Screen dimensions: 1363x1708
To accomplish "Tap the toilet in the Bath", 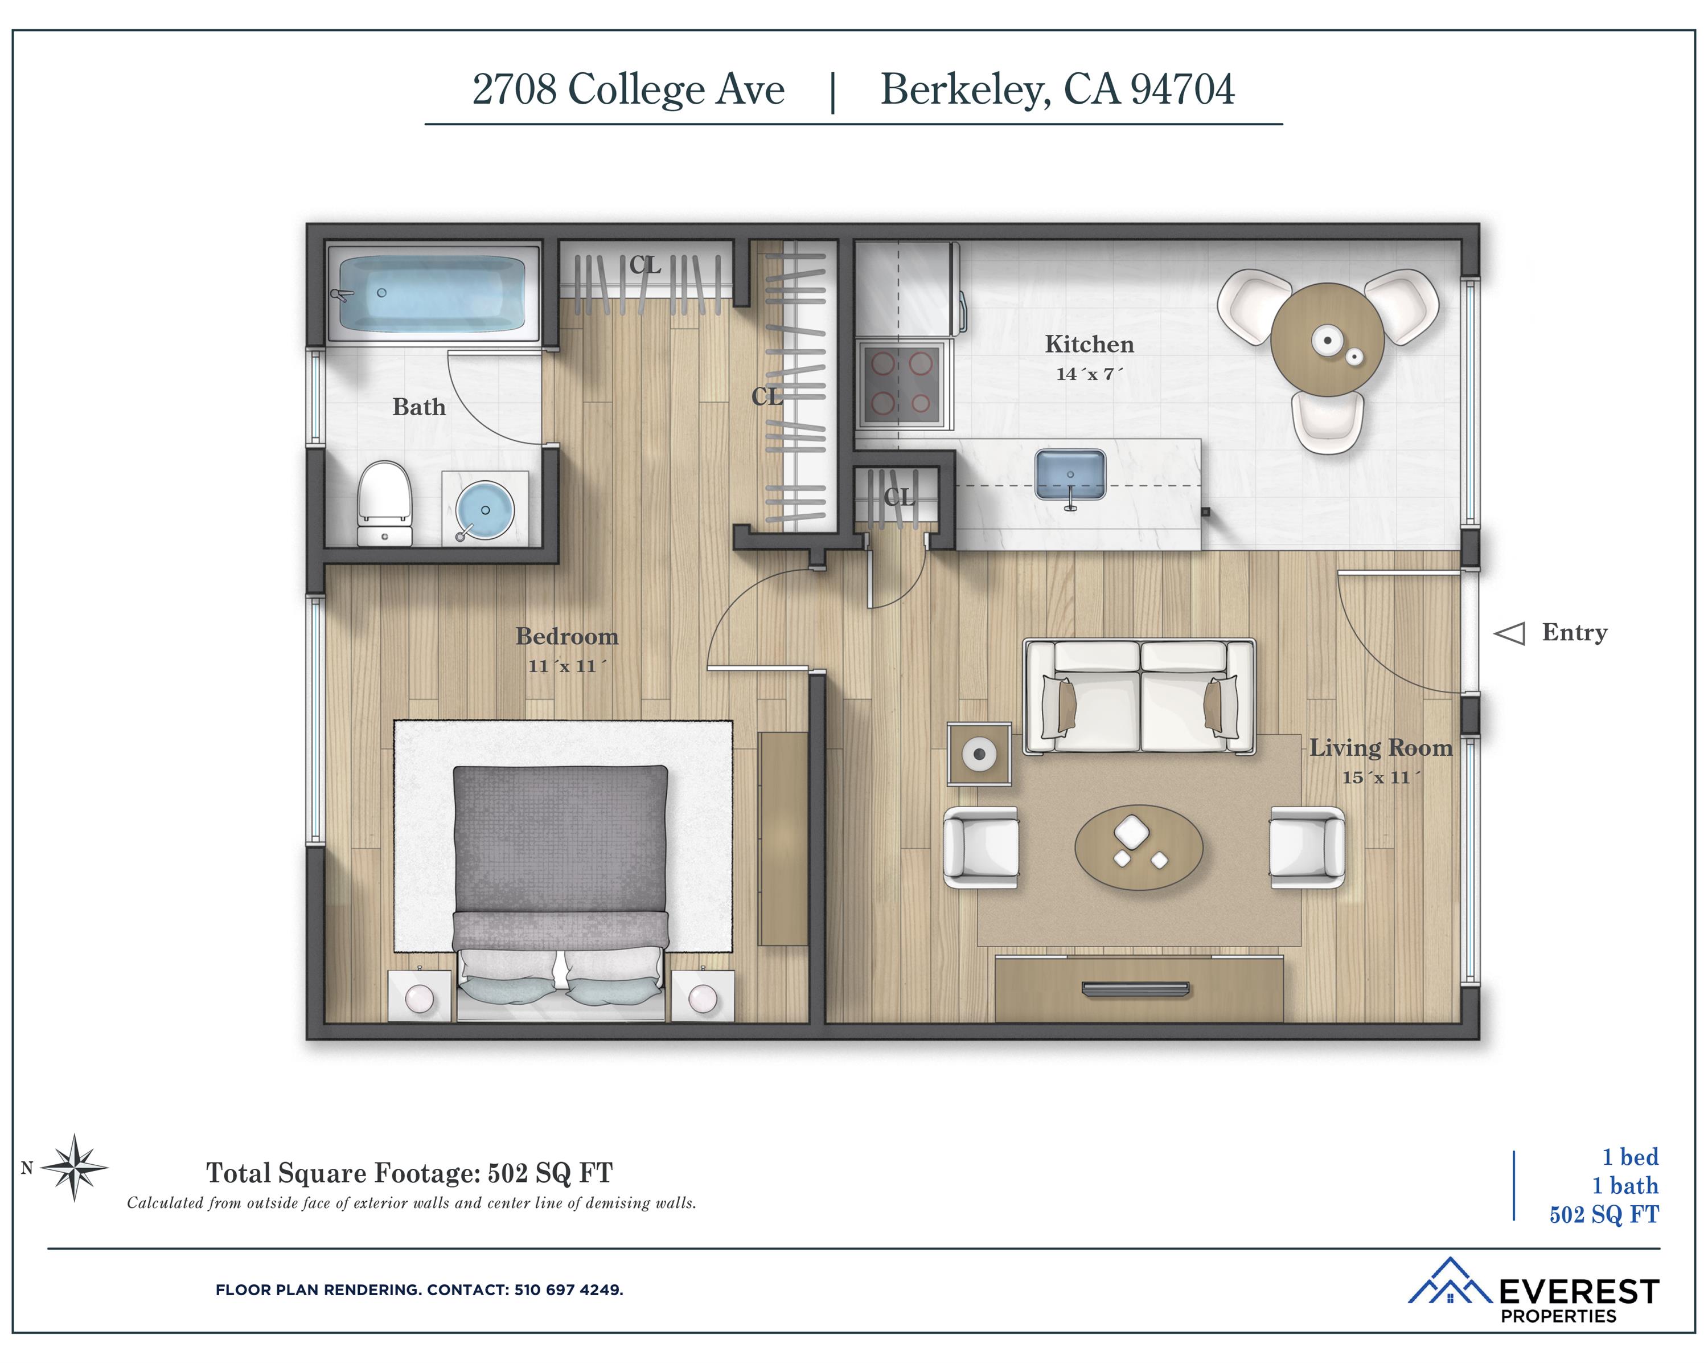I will pos(384,503).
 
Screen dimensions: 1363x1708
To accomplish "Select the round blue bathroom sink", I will pos(485,510).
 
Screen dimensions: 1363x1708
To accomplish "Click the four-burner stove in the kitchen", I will pos(901,384).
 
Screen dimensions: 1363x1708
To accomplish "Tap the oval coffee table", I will pos(1139,847).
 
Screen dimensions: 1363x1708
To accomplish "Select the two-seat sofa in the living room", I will pos(1139,697).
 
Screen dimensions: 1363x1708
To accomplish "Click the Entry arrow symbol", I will pos(1509,633).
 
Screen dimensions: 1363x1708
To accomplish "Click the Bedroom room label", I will pos(566,636).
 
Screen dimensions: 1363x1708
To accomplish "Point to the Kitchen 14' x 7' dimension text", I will pos(1089,374).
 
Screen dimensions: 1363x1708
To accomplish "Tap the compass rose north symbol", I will pos(73,1167).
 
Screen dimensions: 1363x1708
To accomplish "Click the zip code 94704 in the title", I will pos(1182,89).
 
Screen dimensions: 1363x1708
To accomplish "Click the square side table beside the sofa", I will pos(980,754).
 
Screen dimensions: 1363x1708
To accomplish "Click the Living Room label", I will pos(1380,747).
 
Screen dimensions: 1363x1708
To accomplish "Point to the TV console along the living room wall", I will pos(1139,988).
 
